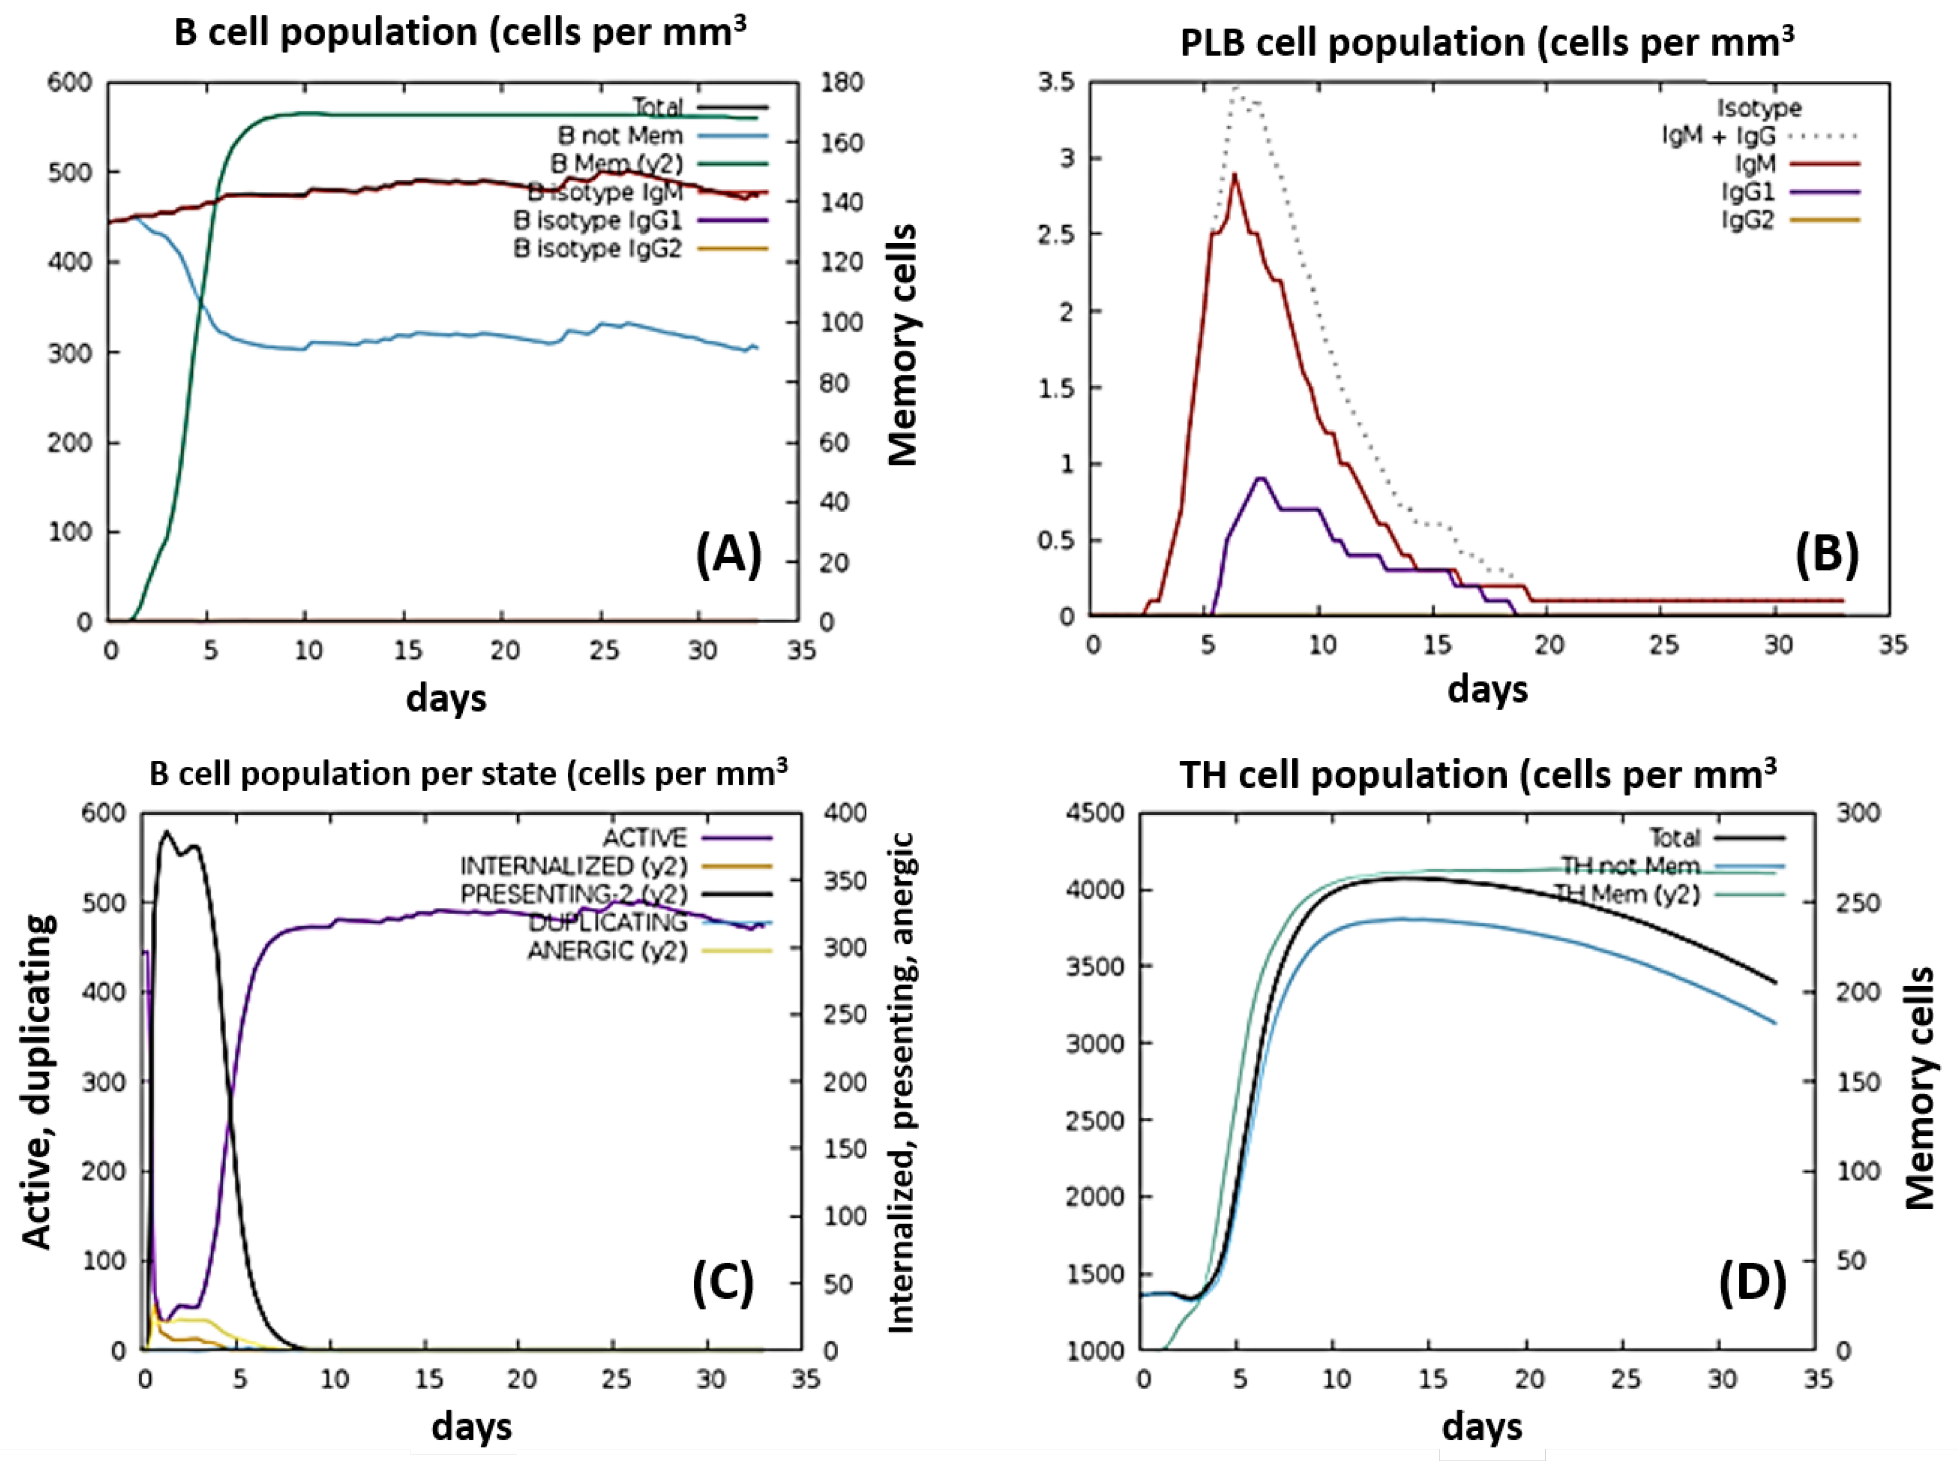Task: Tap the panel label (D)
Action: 1752,1283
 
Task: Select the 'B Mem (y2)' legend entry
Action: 616,164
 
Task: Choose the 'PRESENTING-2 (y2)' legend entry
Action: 573,894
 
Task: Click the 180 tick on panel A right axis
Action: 842,82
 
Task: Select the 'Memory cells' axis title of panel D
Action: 1918,1088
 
